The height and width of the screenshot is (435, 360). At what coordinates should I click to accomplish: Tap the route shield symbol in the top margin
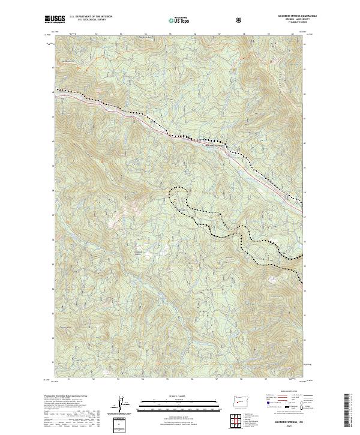(240, 20)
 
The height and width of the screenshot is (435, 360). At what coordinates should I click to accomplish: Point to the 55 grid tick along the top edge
(170, 34)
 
